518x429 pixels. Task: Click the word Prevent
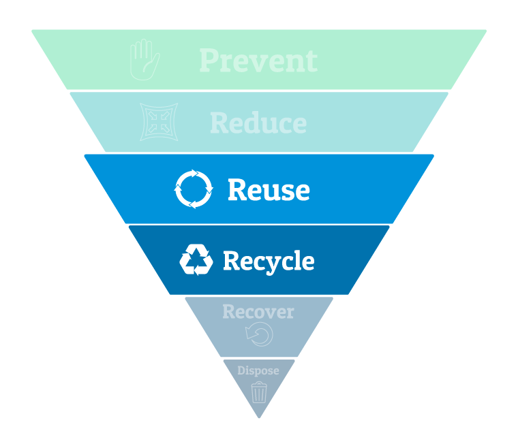258,61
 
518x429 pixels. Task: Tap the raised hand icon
144,60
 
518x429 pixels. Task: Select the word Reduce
258,123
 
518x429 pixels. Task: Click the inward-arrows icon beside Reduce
159,122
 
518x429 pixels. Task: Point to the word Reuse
269,189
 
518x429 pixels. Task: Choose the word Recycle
269,261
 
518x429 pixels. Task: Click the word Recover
258,312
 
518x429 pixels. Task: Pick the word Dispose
258,371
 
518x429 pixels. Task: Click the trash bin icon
259,392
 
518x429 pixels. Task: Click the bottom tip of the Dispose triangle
259,418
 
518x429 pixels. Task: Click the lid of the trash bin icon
259,384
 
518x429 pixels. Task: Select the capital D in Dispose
241,370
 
